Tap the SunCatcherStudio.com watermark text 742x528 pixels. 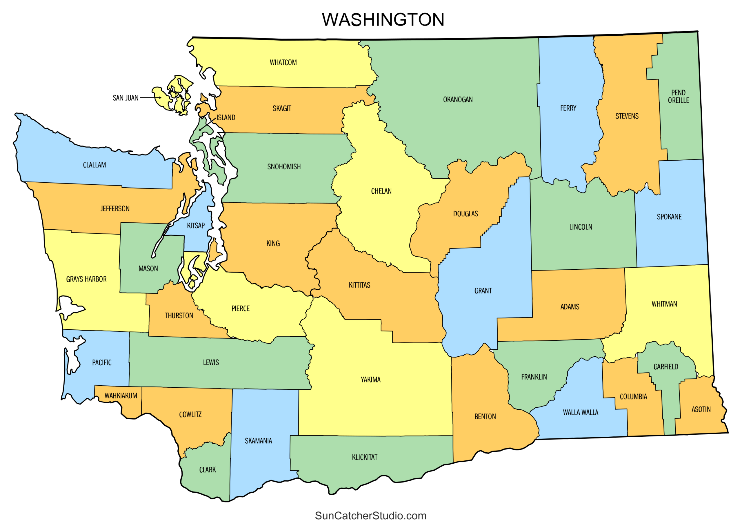pos(370,516)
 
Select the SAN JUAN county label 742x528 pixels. pos(126,98)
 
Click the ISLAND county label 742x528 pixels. pos(226,118)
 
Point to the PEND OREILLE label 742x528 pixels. pos(678,97)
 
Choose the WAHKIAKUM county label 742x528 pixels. pos(121,396)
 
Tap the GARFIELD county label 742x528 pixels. pos(665,367)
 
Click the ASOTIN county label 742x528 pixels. pos(701,409)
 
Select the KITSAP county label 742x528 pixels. pos(196,226)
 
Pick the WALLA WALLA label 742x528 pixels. pos(581,413)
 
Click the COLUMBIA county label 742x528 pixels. pos(633,397)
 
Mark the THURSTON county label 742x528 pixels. pos(179,316)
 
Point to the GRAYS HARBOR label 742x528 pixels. pos(86,279)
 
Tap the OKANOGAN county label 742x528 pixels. pos(458,100)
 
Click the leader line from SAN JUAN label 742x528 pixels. pos(150,97)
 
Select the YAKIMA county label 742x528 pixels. pos(370,380)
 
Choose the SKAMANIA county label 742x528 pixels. pos(258,441)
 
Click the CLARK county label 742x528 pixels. pos(207,470)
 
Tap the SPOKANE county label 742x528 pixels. pos(669,217)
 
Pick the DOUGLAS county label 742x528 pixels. pos(465,214)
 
